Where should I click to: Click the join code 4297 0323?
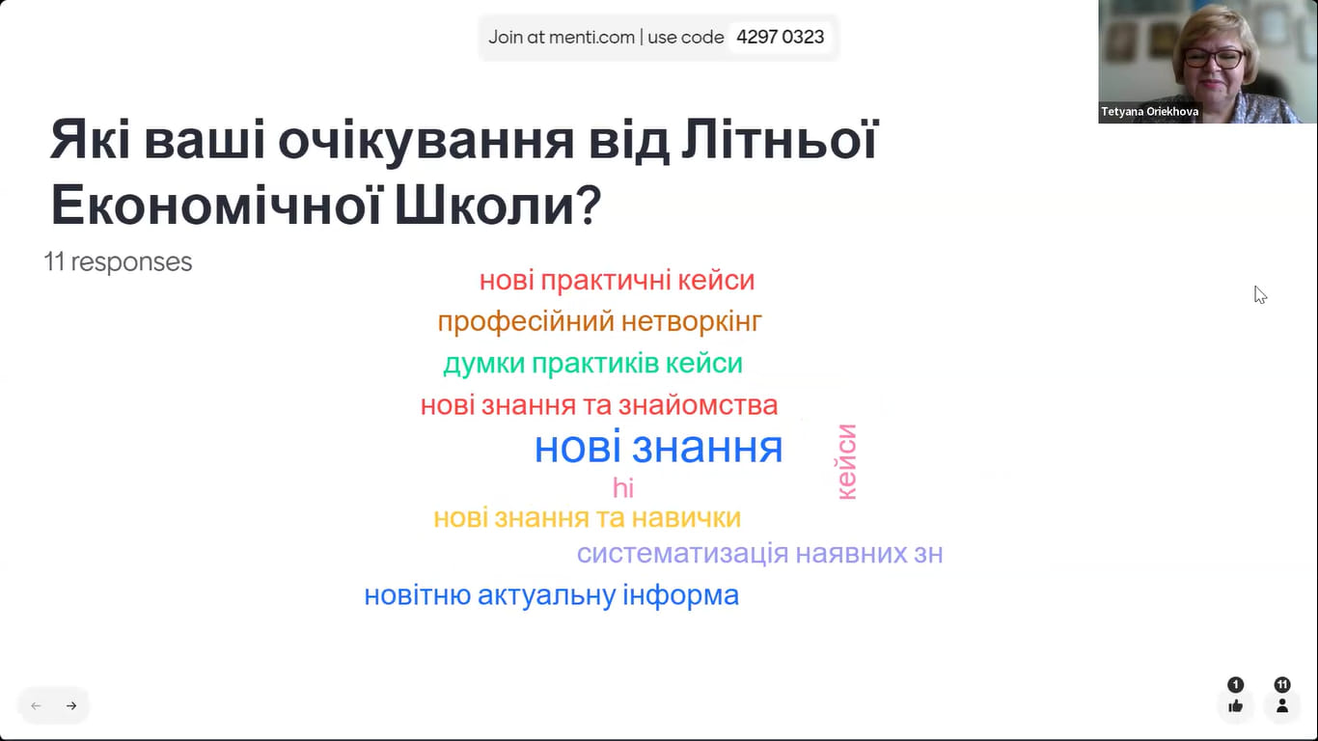click(x=780, y=37)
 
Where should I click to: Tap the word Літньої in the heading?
click(x=781, y=140)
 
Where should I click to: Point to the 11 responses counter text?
click(x=119, y=261)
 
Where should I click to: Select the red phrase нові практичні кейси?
click(x=617, y=280)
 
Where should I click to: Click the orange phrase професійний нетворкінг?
click(x=599, y=322)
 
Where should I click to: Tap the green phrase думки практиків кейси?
click(x=592, y=363)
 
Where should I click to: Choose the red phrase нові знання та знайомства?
click(x=599, y=405)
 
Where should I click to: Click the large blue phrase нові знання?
click(x=658, y=447)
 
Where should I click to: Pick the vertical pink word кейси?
click(x=847, y=462)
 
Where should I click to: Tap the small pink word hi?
click(x=623, y=488)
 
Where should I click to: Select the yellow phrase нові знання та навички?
click(x=588, y=518)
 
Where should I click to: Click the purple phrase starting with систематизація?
click(x=759, y=554)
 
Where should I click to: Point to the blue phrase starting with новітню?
click(x=551, y=595)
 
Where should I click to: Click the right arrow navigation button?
click(x=71, y=705)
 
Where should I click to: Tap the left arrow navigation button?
click(x=36, y=705)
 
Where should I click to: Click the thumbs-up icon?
click(x=1236, y=705)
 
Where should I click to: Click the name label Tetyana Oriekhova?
click(x=1150, y=112)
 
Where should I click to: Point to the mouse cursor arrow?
click(x=1260, y=295)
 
